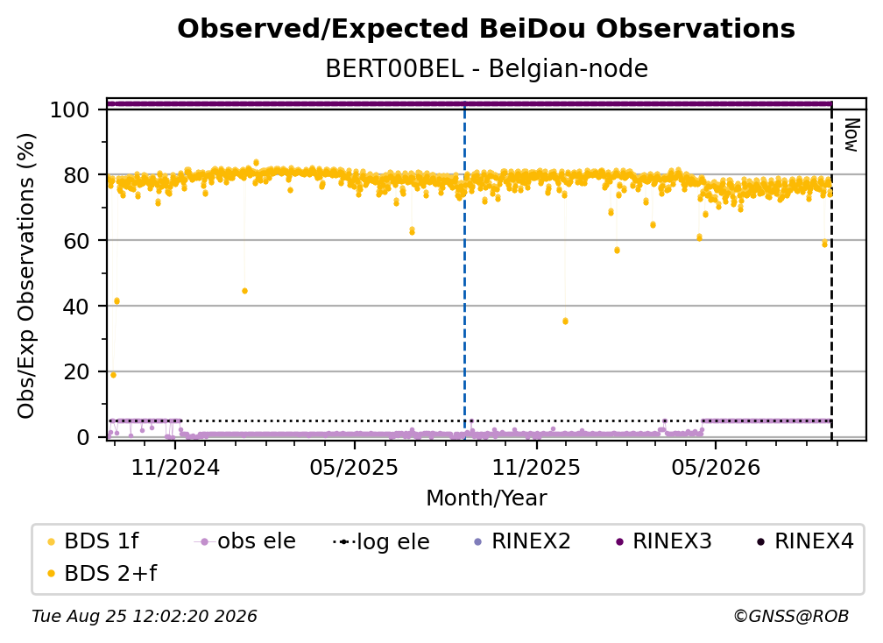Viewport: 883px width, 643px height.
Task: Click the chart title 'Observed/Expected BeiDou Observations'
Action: [x=486, y=29]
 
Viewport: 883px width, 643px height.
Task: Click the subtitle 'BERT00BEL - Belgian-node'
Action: [x=486, y=68]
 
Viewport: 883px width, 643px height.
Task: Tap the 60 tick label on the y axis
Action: [x=76, y=241]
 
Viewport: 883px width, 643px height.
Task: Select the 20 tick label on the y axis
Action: [x=76, y=372]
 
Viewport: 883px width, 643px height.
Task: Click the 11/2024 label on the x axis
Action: [x=175, y=467]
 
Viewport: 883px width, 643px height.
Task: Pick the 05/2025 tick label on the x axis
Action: [x=354, y=467]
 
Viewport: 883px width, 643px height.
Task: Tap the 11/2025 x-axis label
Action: [x=536, y=467]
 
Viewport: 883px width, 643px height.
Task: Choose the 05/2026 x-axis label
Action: [x=715, y=467]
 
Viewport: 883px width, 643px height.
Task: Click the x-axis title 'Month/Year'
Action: [x=486, y=498]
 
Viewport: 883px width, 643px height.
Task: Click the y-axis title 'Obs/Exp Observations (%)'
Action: [x=26, y=276]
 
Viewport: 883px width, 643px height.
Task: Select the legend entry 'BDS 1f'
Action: [x=94, y=541]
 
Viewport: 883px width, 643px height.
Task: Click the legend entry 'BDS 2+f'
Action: [x=102, y=573]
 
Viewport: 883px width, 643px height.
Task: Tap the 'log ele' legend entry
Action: [x=381, y=541]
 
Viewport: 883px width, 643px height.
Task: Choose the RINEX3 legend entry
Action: [x=665, y=541]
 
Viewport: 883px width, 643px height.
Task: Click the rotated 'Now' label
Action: [x=851, y=135]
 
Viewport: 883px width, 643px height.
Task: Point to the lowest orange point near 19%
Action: [x=113, y=375]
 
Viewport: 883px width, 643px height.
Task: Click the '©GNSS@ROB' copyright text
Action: [x=791, y=616]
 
